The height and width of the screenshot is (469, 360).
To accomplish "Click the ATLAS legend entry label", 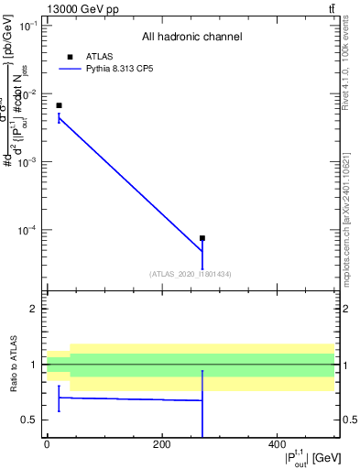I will pos(99,56).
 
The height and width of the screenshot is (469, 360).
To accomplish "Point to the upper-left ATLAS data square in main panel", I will pos(59,105).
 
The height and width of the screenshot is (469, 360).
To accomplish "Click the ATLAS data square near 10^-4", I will pos(202,238).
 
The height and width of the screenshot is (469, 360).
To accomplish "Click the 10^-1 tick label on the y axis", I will pos(27,26).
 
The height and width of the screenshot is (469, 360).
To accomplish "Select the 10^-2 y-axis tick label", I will pos(27,93).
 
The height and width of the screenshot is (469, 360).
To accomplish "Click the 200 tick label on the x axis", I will pos(161,444).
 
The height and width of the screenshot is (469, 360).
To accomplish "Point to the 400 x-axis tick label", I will pos(277,444).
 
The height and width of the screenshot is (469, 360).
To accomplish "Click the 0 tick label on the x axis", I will pos(47,444).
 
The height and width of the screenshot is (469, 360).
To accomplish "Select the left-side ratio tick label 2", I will pos(32,309).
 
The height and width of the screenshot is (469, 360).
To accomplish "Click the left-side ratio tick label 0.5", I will pos(28,420).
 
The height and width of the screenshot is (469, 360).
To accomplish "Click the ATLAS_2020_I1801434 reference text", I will pos(190,274).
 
